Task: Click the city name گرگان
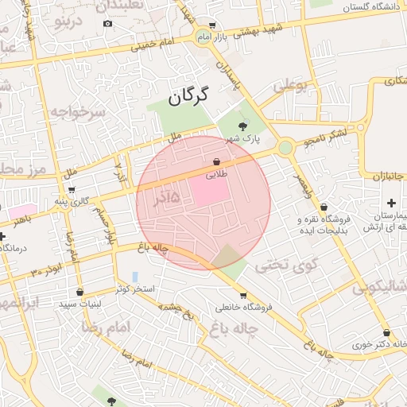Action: [x=188, y=97]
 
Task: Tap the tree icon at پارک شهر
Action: [x=242, y=125]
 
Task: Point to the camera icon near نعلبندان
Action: [x=107, y=23]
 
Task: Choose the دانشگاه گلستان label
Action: [x=371, y=6]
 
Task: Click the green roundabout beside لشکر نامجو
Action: [x=285, y=148]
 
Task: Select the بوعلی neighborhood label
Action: [x=290, y=84]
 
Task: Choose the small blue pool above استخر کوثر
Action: [x=134, y=276]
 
